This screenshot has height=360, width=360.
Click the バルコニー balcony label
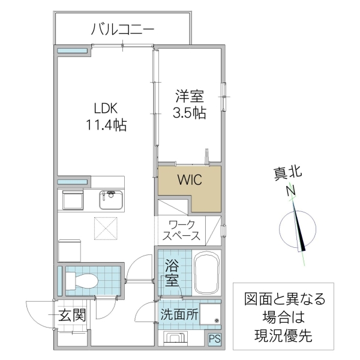click(x=123, y=28)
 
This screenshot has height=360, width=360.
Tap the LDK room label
click(x=105, y=109)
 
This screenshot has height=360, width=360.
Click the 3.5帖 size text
click(x=188, y=113)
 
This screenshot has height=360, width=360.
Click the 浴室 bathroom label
click(x=172, y=272)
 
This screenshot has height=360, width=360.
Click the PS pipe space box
click(x=214, y=339)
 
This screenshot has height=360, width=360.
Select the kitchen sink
click(x=111, y=200)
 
